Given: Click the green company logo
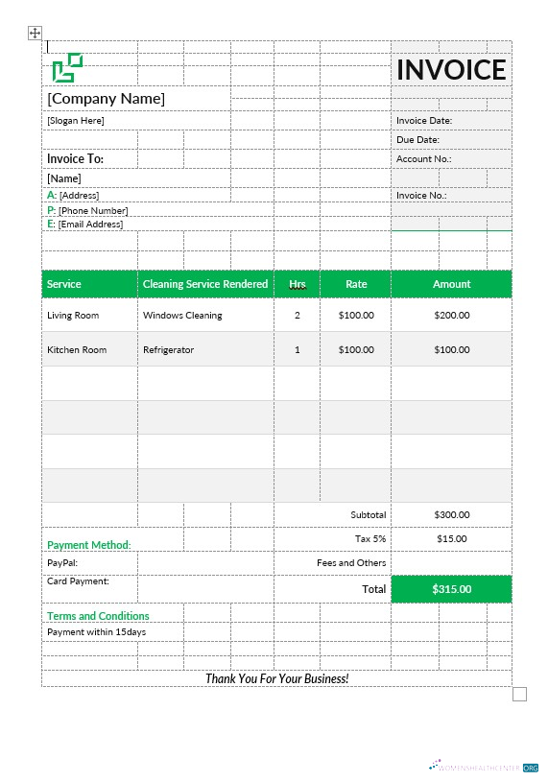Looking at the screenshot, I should (x=67, y=67).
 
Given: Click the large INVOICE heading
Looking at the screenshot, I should (x=451, y=69).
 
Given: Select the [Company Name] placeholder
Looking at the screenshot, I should (x=107, y=99).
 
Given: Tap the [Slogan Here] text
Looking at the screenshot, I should (x=76, y=121).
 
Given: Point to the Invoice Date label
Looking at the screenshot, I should (x=424, y=121).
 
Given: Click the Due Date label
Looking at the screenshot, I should (x=417, y=140).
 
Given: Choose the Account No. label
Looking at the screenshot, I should (x=423, y=159).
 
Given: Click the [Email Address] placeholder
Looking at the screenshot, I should (x=90, y=225).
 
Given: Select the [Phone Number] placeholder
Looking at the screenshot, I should (x=93, y=210).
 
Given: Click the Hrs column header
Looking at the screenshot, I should (x=298, y=284).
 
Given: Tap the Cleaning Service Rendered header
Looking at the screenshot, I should (x=205, y=284).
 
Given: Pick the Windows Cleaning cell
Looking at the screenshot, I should (x=182, y=316).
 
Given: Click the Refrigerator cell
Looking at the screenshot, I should (x=168, y=350).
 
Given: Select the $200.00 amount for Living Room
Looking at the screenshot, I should (x=451, y=316).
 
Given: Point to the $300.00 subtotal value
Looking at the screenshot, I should (x=451, y=515).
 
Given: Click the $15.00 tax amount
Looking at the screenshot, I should (x=451, y=539).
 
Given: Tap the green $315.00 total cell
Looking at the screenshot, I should (x=451, y=589).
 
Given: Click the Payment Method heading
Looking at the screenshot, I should (x=89, y=545).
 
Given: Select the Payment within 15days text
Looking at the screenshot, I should (x=96, y=632).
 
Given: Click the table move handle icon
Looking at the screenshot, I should (x=35, y=34).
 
